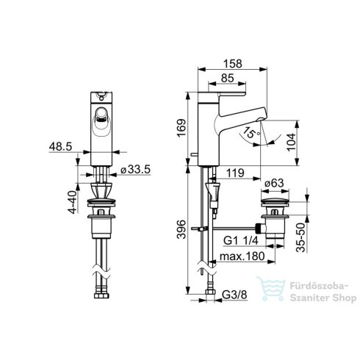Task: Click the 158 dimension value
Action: (x=232, y=64)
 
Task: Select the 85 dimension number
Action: (x=228, y=78)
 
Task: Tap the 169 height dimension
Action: (x=181, y=128)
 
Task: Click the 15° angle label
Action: (x=252, y=133)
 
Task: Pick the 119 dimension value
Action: (x=235, y=173)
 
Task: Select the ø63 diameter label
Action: (x=274, y=183)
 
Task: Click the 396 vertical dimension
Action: (x=181, y=229)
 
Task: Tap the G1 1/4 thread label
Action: (x=241, y=240)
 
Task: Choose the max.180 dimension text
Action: (x=242, y=256)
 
